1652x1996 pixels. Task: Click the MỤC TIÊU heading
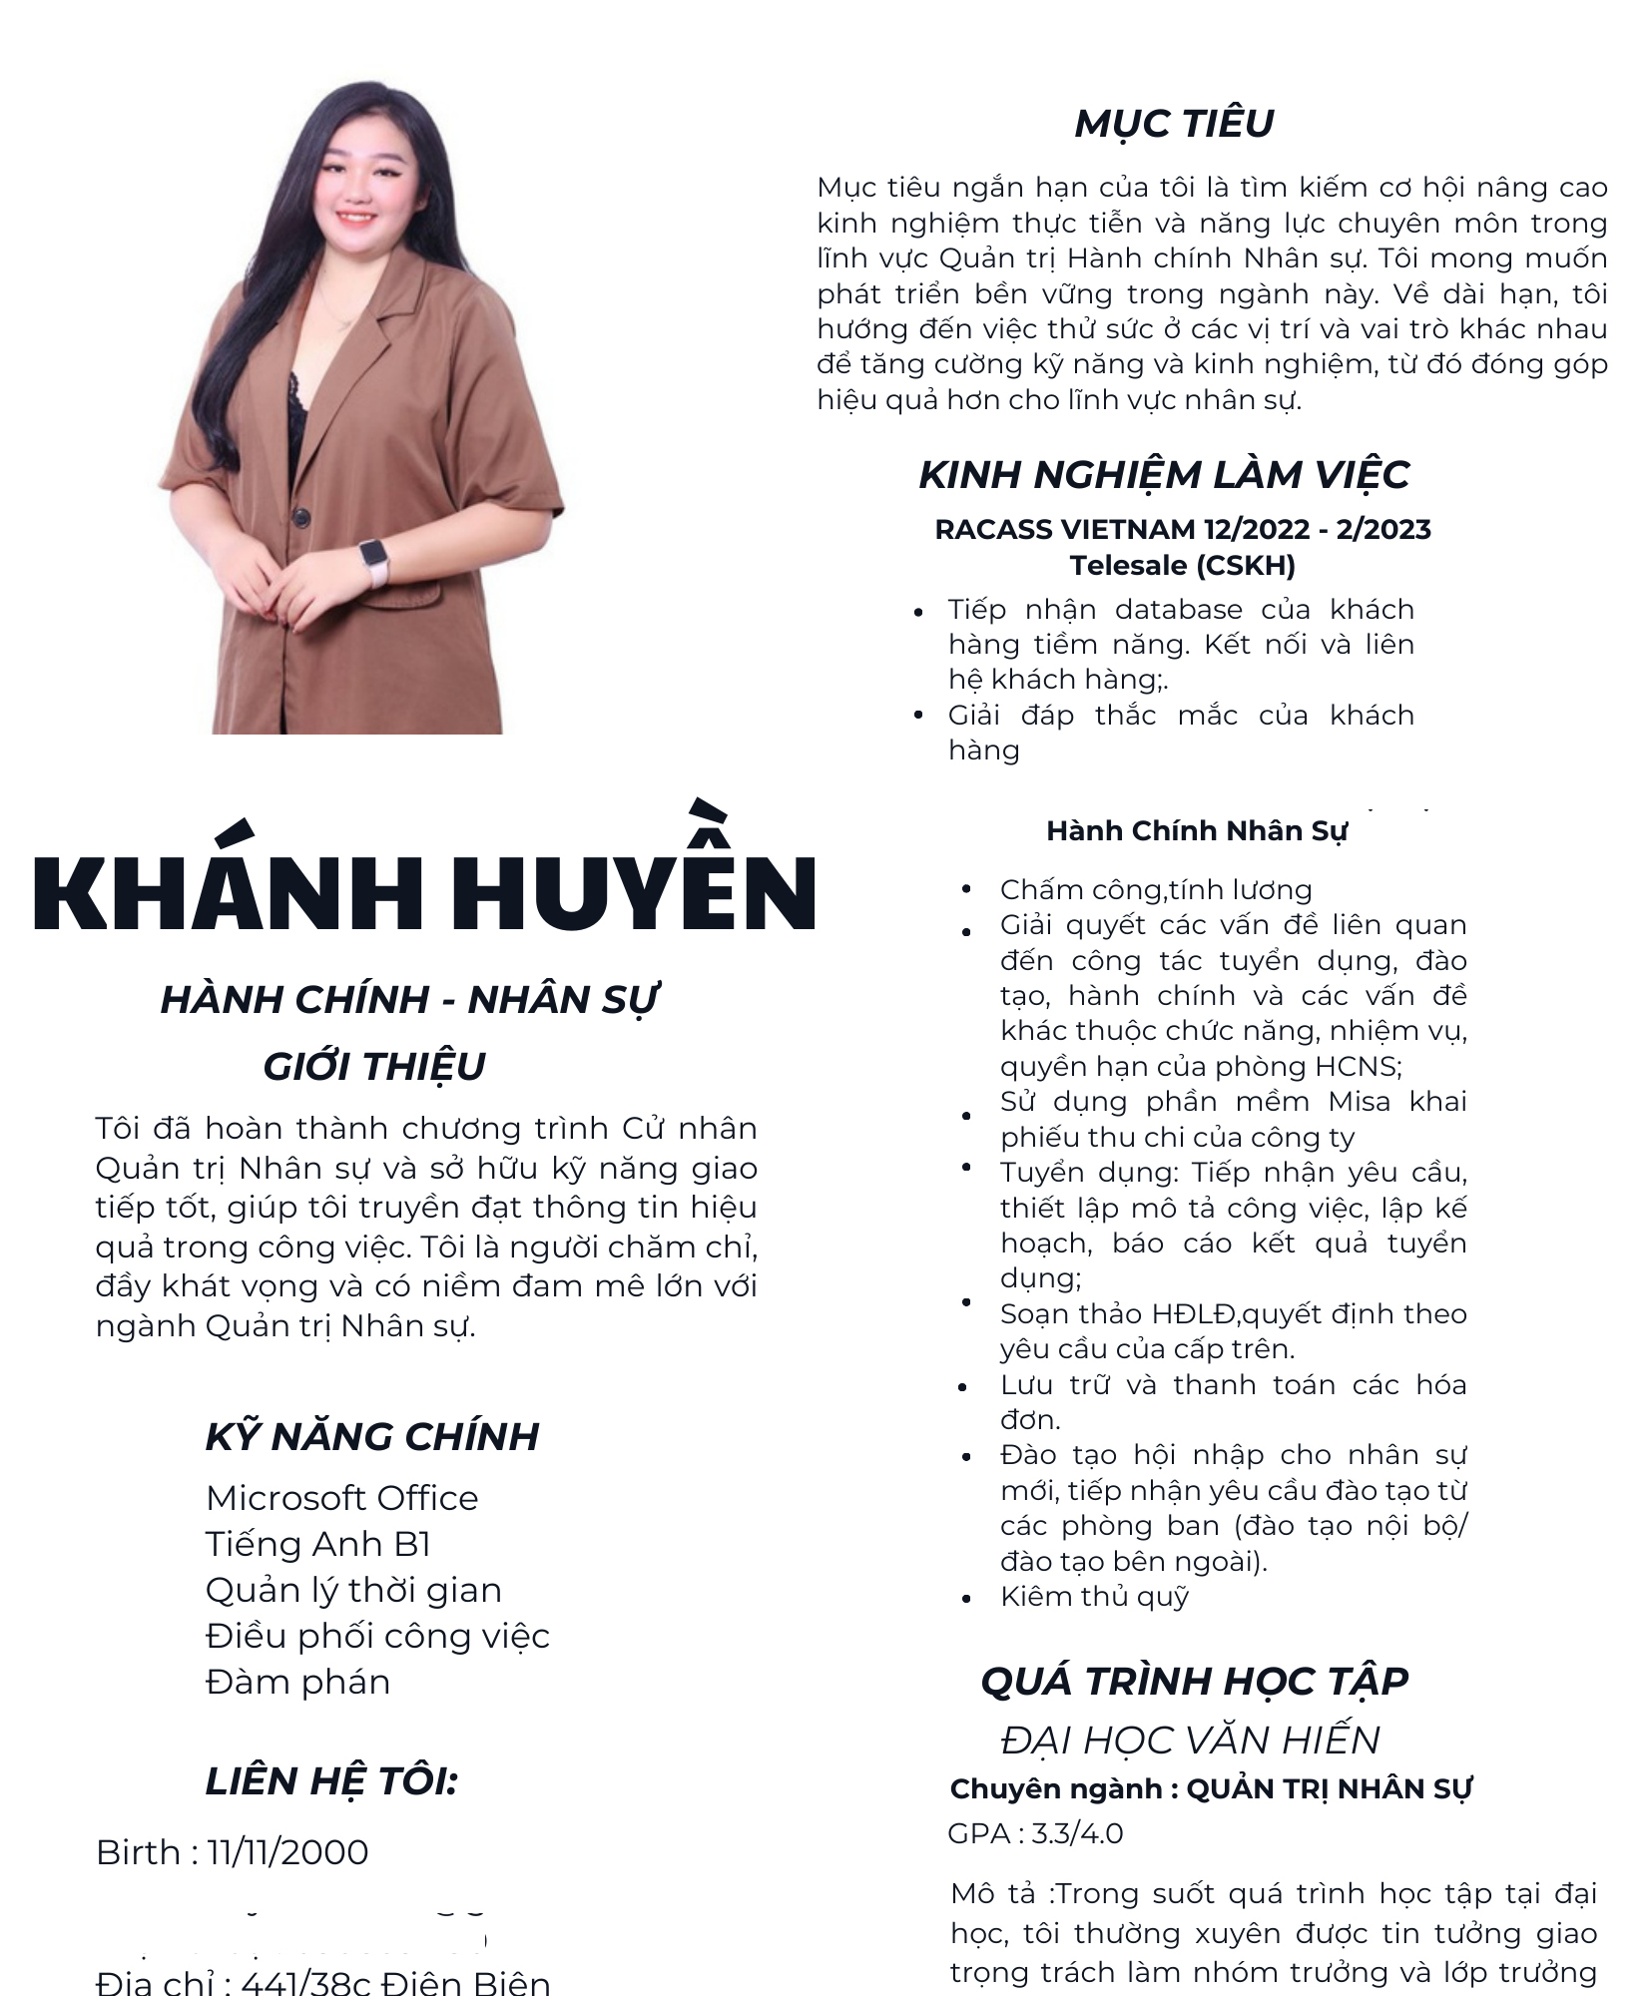[x=1174, y=124]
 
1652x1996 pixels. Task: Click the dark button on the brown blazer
[x=298, y=515]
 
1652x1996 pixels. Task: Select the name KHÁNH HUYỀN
[x=425, y=890]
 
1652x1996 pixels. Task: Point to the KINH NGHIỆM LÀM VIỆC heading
[x=1164, y=475]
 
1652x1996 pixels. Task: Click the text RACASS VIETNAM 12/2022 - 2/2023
[x=1182, y=529]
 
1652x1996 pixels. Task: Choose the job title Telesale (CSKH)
[x=1182, y=566]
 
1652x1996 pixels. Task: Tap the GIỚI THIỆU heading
[x=374, y=1067]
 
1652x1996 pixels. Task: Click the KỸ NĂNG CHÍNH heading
[x=372, y=1436]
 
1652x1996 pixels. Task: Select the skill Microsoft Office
[x=341, y=1498]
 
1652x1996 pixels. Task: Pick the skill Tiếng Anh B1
[x=317, y=1544]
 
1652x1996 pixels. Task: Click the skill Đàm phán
[x=297, y=1682]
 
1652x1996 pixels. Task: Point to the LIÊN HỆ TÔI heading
[x=331, y=1781]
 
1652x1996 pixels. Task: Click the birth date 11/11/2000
[x=288, y=1852]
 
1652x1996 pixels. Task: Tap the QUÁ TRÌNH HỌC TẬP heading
[x=1194, y=1682]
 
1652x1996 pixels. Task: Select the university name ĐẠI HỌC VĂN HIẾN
[x=1190, y=1740]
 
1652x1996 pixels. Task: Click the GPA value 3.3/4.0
[x=1077, y=1833]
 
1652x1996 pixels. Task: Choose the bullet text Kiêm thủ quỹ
[x=1094, y=1597]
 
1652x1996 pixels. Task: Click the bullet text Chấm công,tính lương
[x=1156, y=890]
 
